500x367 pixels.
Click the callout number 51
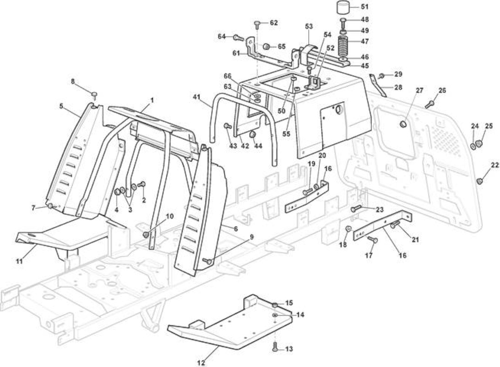tap(364, 7)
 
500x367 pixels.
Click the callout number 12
tap(201, 363)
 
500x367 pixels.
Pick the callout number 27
tap(419, 90)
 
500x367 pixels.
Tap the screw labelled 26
tap(430, 104)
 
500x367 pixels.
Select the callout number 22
tap(495, 165)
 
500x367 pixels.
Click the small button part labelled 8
tap(94, 94)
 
